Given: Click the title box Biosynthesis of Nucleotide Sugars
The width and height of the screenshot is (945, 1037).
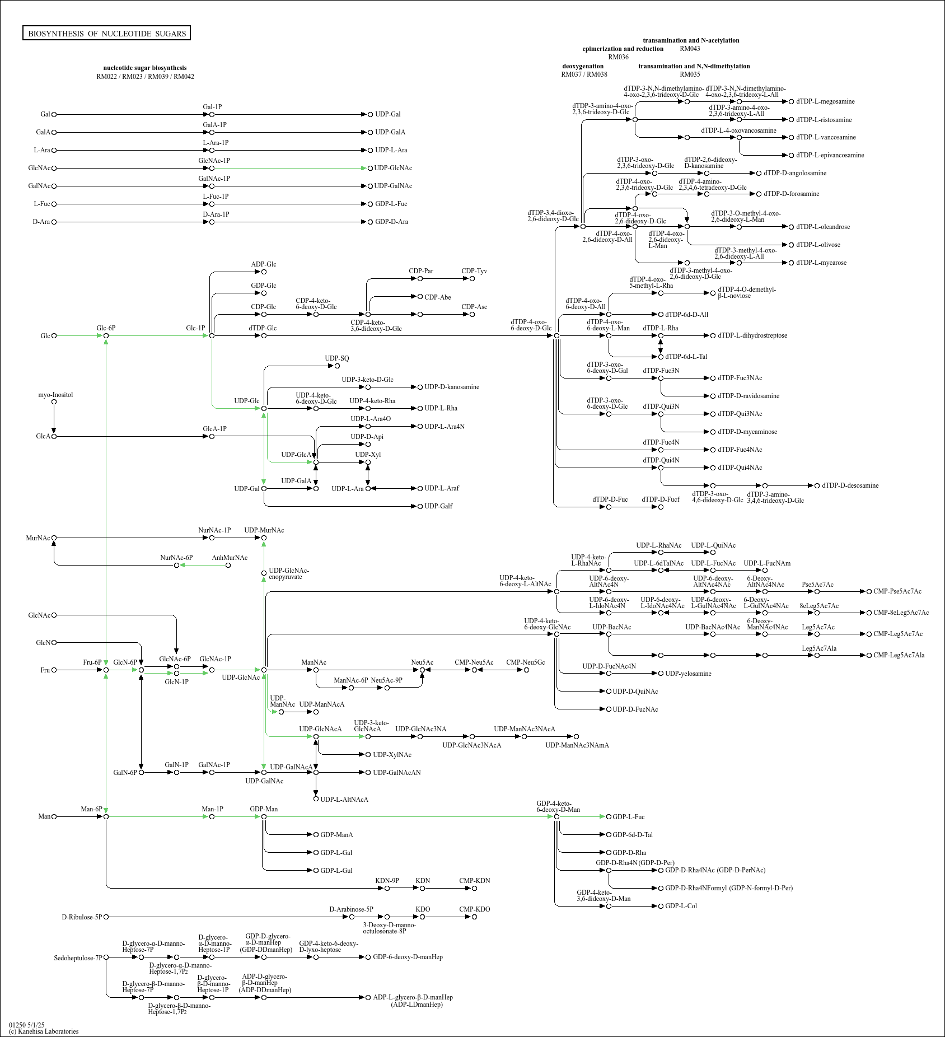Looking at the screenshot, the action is click(x=106, y=33).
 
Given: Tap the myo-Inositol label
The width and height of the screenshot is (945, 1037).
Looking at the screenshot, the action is click(x=55, y=395).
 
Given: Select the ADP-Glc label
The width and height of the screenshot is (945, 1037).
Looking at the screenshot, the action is click(x=264, y=264).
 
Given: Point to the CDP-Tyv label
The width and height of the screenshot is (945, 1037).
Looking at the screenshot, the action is click(x=474, y=271).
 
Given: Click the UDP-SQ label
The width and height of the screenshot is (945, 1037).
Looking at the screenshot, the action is click(x=337, y=358).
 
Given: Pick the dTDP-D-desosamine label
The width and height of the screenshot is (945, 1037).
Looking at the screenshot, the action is click(x=850, y=485).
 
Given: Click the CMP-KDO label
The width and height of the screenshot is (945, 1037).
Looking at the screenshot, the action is click(x=475, y=909).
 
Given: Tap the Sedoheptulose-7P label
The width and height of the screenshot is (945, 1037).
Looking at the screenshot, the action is click(x=78, y=958).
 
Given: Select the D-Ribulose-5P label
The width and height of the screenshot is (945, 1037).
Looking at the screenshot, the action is click(x=82, y=917).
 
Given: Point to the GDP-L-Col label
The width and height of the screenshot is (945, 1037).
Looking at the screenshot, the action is click(x=681, y=906).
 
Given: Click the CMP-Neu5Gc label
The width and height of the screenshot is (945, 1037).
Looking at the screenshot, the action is click(x=526, y=662).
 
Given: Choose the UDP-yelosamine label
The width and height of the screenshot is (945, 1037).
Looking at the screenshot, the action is click(x=688, y=674).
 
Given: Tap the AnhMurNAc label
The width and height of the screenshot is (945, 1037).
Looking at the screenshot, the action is click(x=230, y=558).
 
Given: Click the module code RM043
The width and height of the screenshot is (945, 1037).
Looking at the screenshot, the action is click(x=690, y=49).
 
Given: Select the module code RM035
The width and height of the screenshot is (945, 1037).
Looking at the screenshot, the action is click(x=690, y=74).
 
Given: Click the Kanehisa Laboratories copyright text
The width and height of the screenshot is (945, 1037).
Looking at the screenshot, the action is click(x=44, y=1031).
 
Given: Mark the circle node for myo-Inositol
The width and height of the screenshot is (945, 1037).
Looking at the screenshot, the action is click(x=54, y=401).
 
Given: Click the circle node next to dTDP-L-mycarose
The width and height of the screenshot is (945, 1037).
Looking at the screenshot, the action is click(x=791, y=263).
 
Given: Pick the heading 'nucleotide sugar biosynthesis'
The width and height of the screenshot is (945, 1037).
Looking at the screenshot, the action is click(x=145, y=68).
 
